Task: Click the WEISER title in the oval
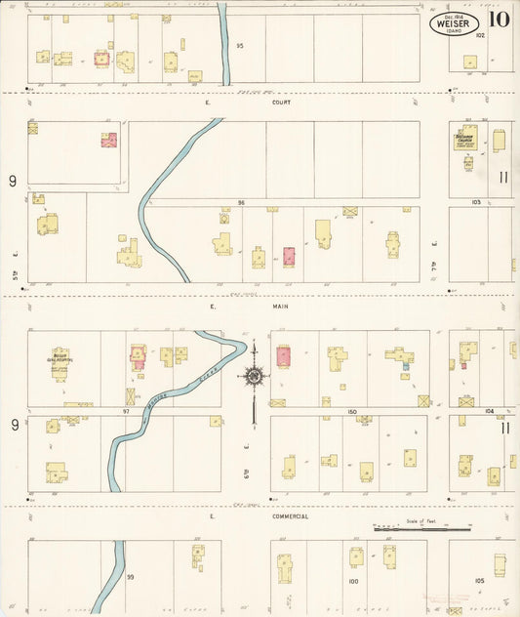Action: click(454, 23)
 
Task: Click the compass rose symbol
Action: click(253, 377)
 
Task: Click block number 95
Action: click(239, 46)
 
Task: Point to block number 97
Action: click(126, 411)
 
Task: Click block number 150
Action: click(352, 411)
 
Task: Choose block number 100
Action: click(352, 581)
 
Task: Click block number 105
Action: click(479, 580)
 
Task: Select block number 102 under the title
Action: click(480, 34)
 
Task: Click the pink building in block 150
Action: click(283, 357)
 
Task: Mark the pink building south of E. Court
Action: click(108, 141)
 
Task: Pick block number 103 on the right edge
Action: click(476, 202)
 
